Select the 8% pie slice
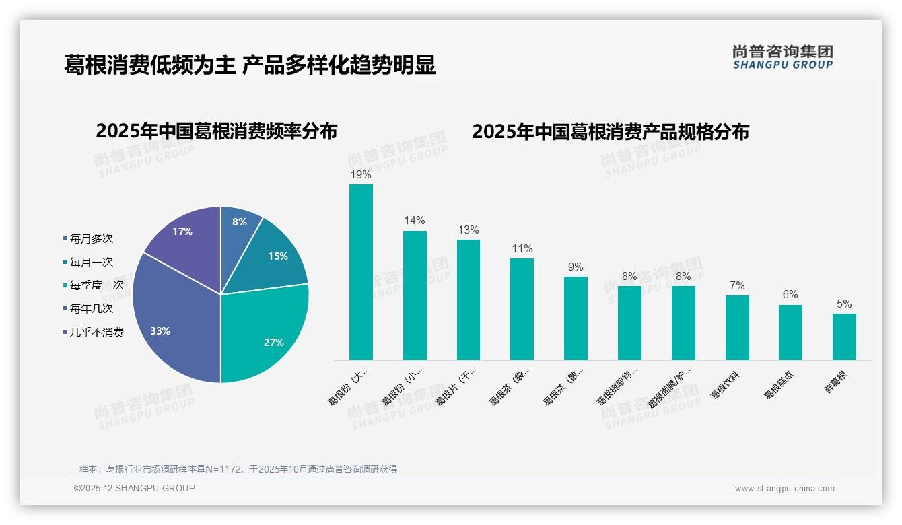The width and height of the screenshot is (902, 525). [238, 225]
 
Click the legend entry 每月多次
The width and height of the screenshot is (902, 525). [91, 239]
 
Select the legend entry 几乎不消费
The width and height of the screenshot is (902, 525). [96, 332]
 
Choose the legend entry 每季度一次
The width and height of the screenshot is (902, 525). [96, 285]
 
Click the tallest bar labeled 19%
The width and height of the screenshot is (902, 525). [361, 273]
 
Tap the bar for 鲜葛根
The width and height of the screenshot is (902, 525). [844, 337]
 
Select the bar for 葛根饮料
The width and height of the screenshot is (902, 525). [737, 328]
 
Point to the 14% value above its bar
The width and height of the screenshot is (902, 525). [415, 221]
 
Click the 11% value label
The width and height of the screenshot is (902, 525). [522, 249]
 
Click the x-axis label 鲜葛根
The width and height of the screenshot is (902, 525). [837, 382]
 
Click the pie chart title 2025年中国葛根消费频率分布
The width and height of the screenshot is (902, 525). [216, 131]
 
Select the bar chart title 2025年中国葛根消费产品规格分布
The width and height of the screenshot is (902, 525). [610, 132]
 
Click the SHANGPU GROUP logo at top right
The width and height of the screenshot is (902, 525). [782, 57]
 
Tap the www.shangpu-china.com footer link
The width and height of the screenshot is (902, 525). [784, 489]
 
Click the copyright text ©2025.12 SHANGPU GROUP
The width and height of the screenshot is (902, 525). [135, 488]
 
